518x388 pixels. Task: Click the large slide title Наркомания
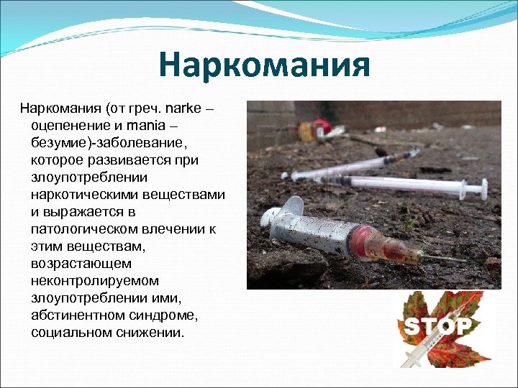(x=265, y=65)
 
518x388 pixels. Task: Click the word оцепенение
(x=68, y=126)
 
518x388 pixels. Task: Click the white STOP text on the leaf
(x=439, y=327)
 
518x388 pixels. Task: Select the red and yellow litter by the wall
(x=317, y=129)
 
